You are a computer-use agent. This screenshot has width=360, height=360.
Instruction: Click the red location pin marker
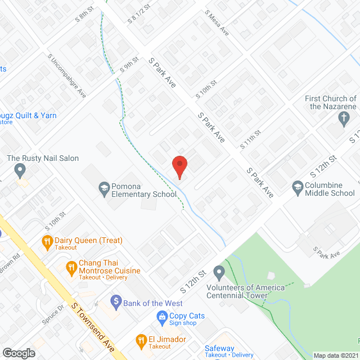tap(179, 166)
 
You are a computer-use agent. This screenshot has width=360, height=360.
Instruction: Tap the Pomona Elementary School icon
tap(104, 187)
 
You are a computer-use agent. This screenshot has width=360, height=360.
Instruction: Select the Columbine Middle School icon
tap(298, 187)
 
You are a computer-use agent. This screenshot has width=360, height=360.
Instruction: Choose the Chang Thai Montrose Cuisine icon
tap(71, 267)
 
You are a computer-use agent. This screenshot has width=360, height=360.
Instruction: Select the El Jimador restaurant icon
tap(141, 340)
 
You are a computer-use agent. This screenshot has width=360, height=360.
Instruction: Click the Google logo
tap(19, 353)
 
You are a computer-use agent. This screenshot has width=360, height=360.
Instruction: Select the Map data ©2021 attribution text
tap(335, 355)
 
